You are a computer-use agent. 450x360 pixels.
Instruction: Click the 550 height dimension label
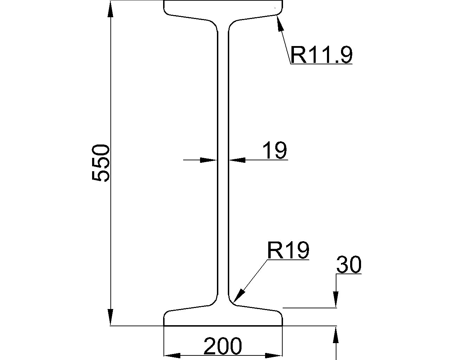coord(101,163)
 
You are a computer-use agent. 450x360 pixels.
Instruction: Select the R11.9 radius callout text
coord(321,55)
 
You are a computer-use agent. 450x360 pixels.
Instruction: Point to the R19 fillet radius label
coord(288,250)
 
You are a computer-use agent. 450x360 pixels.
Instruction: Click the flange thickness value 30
coord(348,265)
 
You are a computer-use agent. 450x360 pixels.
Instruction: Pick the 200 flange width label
coord(223,346)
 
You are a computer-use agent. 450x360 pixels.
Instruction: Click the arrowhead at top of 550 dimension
coord(110,8)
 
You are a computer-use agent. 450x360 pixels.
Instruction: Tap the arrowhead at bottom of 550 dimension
coord(110,318)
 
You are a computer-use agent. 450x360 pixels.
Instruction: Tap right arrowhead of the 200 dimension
coord(274,355)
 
